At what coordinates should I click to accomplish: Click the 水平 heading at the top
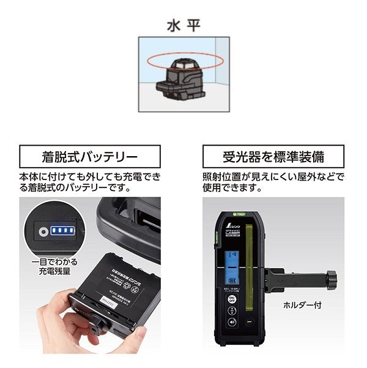183,28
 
